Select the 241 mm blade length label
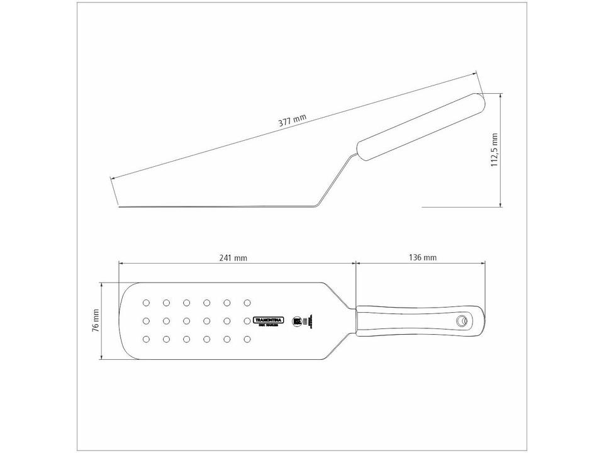(233, 257)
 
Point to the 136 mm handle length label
(422, 257)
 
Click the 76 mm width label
(96, 320)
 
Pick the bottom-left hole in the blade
(147, 339)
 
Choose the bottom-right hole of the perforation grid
(247, 339)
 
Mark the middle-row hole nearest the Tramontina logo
(247, 321)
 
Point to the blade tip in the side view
(120, 205)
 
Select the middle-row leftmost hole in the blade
(147, 321)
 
